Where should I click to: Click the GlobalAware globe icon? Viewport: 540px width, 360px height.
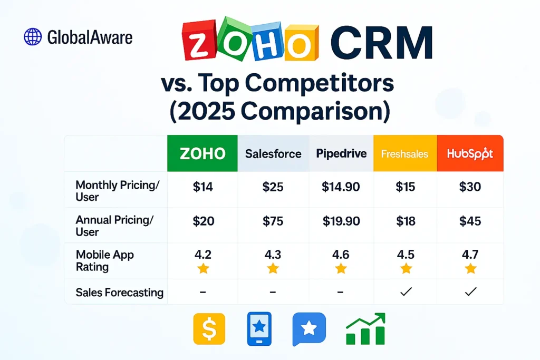pos(33,37)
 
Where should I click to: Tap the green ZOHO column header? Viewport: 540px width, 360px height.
pos(202,153)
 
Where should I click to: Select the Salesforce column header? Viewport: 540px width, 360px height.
pos(273,153)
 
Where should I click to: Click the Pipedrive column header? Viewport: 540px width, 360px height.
pos(341,153)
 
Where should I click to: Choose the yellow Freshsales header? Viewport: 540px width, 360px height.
pos(405,154)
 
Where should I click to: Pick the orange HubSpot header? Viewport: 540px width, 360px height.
pos(470,153)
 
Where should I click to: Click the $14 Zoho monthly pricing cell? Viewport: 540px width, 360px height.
pos(203,187)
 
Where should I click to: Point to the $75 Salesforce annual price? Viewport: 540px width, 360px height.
pos(273,221)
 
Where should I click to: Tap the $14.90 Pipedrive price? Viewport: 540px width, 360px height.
pos(341,187)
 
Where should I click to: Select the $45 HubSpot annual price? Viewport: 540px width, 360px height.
pos(470,221)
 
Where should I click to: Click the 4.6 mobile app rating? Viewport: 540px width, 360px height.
pos(341,255)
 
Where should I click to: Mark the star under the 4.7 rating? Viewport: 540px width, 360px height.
pos(470,269)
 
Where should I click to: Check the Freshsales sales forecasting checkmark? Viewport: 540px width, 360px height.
pos(406,292)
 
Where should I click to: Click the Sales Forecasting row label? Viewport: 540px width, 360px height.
pos(119,293)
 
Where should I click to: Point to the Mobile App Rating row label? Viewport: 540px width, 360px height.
pos(105,261)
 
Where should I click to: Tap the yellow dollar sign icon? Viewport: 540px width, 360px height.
pos(209,329)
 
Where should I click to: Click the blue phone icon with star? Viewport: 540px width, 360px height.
pos(259,329)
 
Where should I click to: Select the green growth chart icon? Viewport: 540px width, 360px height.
pos(365,329)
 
